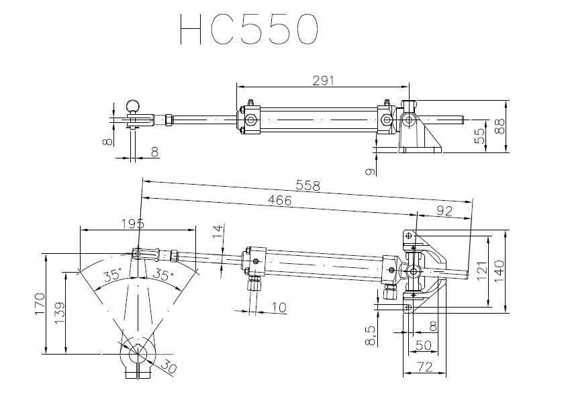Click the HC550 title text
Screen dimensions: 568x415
(249, 29)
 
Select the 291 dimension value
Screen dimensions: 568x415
(323, 81)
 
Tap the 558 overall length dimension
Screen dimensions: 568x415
(308, 185)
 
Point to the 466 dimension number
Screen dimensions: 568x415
(279, 199)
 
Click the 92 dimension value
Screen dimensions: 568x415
(444, 211)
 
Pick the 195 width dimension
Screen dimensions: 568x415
(132, 224)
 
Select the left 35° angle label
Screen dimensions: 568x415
(113, 275)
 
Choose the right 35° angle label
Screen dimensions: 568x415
(162, 275)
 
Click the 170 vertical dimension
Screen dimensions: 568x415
(40, 304)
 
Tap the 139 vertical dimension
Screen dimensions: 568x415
(59, 312)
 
